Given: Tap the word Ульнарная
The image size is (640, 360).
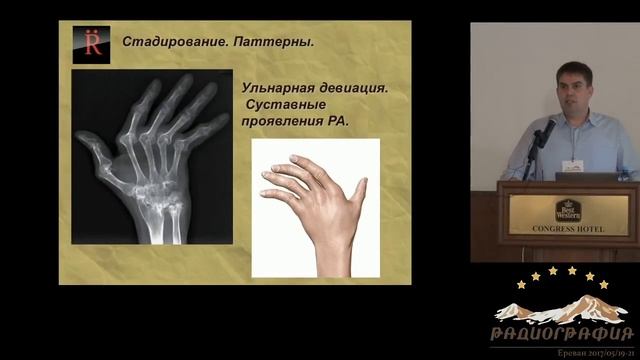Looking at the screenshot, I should pyautogui.click(x=275, y=88).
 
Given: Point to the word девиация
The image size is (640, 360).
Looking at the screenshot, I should pyautogui.click(x=353, y=88).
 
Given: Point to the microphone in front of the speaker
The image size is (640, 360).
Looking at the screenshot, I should pyautogui.click(x=547, y=130).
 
